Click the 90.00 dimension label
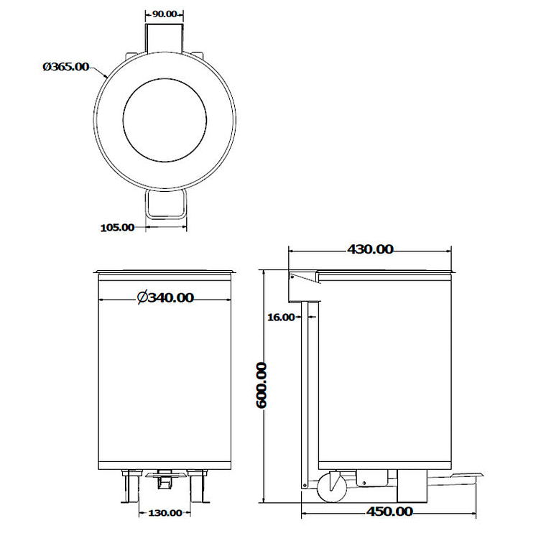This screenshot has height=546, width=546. click(x=165, y=14)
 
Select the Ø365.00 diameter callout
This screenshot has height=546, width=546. click(x=65, y=67)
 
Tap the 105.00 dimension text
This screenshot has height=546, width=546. click(x=117, y=228)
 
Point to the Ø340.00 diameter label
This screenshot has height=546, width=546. click(x=165, y=297)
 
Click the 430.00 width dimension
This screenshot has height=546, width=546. click(x=370, y=249)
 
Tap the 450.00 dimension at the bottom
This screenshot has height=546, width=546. click(x=389, y=512)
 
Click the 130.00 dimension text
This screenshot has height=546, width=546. click(x=165, y=513)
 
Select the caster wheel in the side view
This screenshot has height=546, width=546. click(x=331, y=486)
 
